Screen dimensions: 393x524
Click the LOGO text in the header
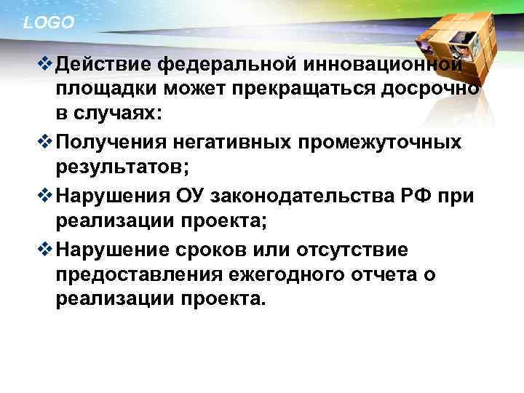(49, 23)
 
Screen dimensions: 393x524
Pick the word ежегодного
(298, 274)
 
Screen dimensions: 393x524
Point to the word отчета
(394, 274)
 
